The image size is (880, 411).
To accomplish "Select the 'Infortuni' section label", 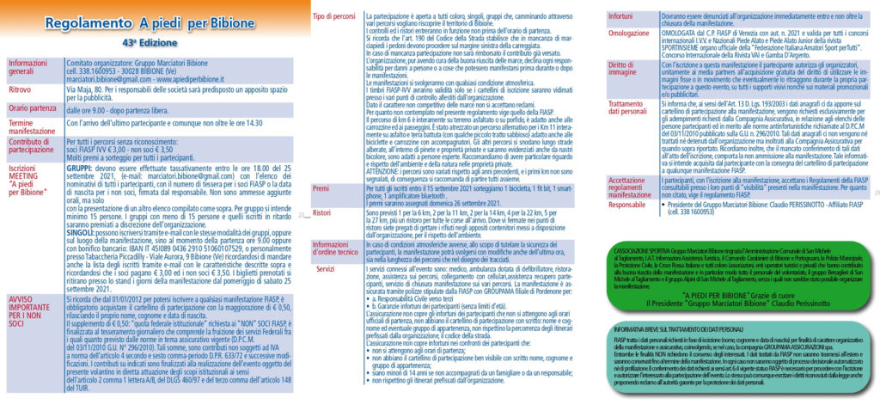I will (621, 15).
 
